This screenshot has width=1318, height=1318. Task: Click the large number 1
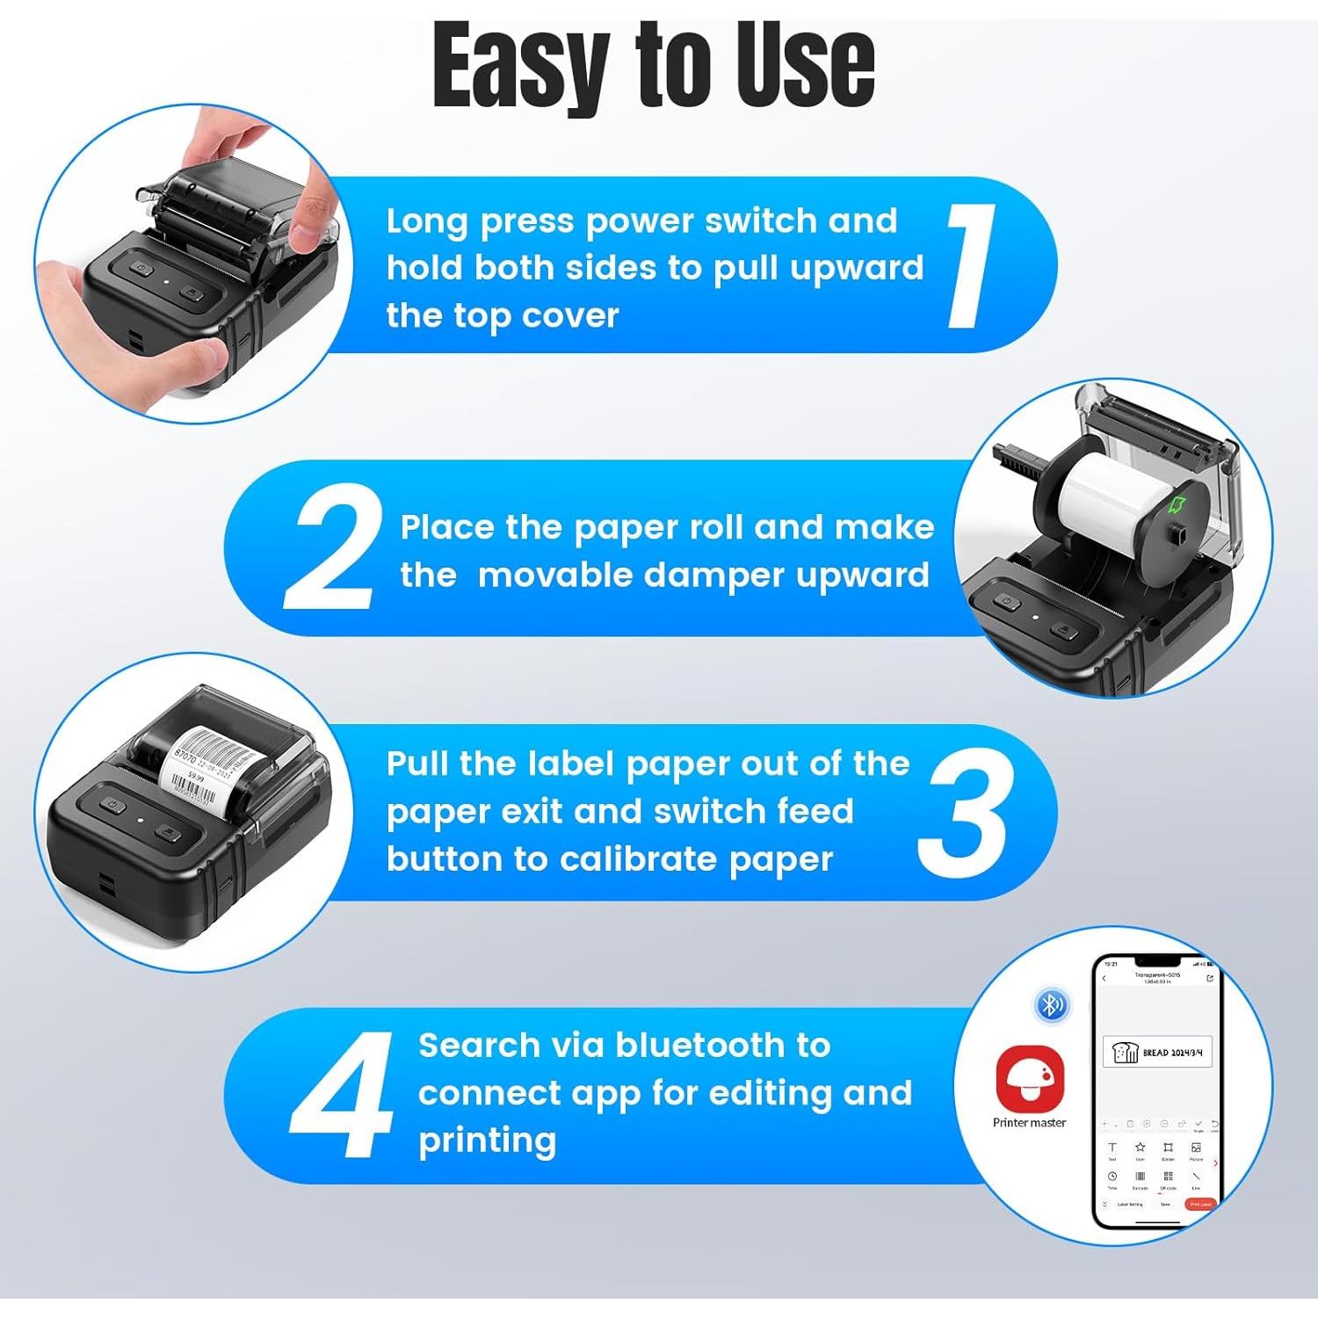pos(972,265)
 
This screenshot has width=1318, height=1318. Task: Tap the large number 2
pos(335,547)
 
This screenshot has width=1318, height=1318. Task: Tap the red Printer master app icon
pos(1029,1078)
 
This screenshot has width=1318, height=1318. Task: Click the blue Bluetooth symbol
pos(1052,1003)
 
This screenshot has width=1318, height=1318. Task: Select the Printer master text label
pos(1029,1123)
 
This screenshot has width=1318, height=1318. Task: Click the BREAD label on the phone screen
pos(1157,1052)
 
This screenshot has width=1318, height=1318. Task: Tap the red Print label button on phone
pos(1200,1204)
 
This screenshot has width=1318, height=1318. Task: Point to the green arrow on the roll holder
pos(1177,504)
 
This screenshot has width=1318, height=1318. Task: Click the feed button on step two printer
pos(1063,631)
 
